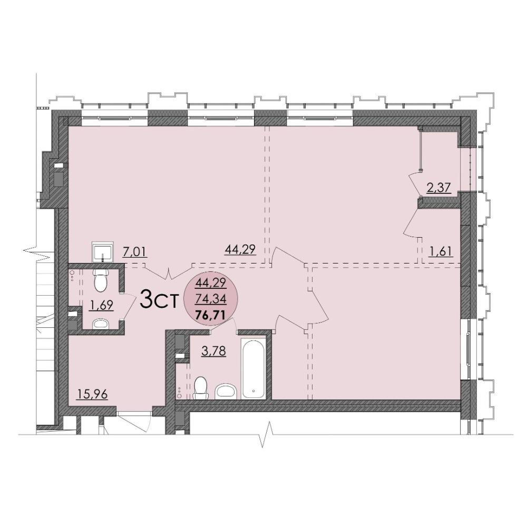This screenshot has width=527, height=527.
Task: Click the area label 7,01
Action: pos(135,251)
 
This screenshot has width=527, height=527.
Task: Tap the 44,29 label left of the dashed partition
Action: pos(240,249)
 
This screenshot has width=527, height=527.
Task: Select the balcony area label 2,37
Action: pos(438,187)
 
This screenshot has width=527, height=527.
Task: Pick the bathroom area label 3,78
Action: pos(213,351)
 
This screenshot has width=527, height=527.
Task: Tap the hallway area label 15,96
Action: pos(92,394)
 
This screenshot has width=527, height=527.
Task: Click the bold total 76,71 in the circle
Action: pos(211,315)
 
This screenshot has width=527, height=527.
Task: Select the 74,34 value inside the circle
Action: pos(211,298)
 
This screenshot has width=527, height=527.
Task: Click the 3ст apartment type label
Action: pos(158,300)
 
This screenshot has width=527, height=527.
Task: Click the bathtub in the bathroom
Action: pos(253,368)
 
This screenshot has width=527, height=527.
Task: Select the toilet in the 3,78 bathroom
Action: pos(201,388)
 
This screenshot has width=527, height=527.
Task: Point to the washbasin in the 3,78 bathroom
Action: pos(226,391)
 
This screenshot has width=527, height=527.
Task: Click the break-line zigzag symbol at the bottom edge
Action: pos(266,435)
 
